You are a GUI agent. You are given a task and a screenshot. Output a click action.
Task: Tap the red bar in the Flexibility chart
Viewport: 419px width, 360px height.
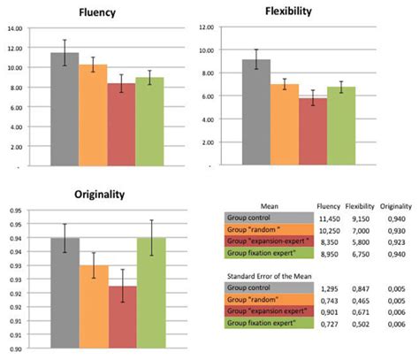coord(286,132)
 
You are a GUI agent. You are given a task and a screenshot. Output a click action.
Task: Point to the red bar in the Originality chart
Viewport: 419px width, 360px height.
coord(123,318)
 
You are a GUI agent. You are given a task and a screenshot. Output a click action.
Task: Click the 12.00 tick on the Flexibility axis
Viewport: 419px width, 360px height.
coord(206,27)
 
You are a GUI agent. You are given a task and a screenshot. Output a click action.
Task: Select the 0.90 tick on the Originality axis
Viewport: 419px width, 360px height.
coord(12,351)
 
